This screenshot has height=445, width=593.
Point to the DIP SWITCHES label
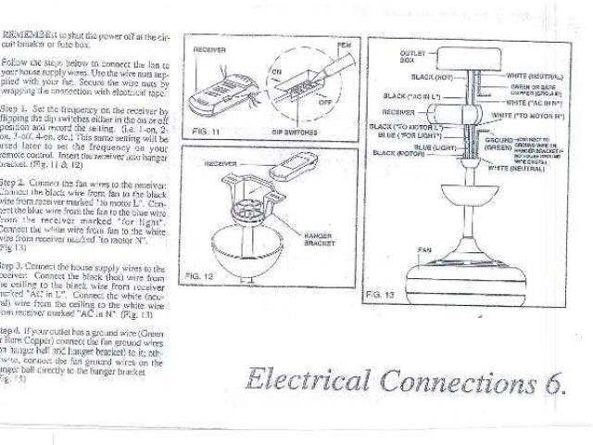tap(296, 133)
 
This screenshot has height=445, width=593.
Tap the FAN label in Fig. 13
tap(425, 249)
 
